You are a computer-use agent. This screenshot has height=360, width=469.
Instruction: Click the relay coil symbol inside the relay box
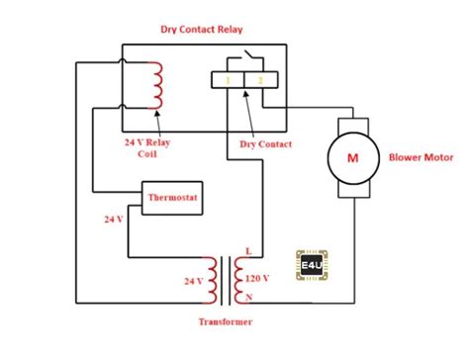pos(155,86)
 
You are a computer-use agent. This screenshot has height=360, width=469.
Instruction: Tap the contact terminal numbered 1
pos(229,78)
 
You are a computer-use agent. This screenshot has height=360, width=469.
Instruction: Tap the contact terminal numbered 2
pos(260,78)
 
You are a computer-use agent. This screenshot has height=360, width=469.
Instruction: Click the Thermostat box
pos(172,198)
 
